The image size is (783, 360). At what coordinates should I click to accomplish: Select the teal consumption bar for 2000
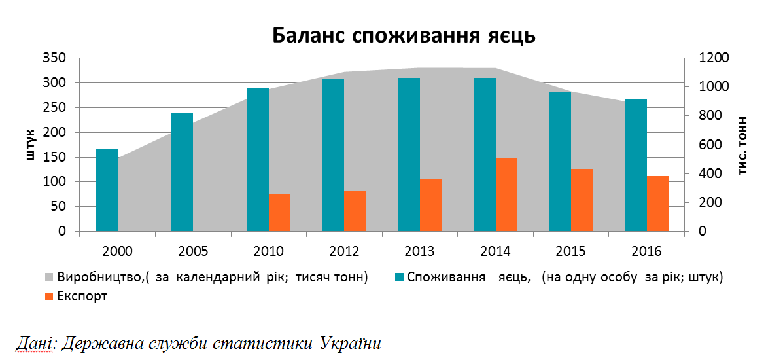[107, 190]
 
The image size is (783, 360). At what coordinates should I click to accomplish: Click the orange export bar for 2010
[279, 213]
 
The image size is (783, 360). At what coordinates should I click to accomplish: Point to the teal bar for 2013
[409, 154]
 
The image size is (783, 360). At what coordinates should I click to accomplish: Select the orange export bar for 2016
[657, 204]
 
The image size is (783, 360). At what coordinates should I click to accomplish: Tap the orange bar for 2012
[355, 211]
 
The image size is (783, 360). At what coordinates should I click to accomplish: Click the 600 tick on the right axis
[703, 145]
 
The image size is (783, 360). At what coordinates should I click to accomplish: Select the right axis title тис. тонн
[743, 145]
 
